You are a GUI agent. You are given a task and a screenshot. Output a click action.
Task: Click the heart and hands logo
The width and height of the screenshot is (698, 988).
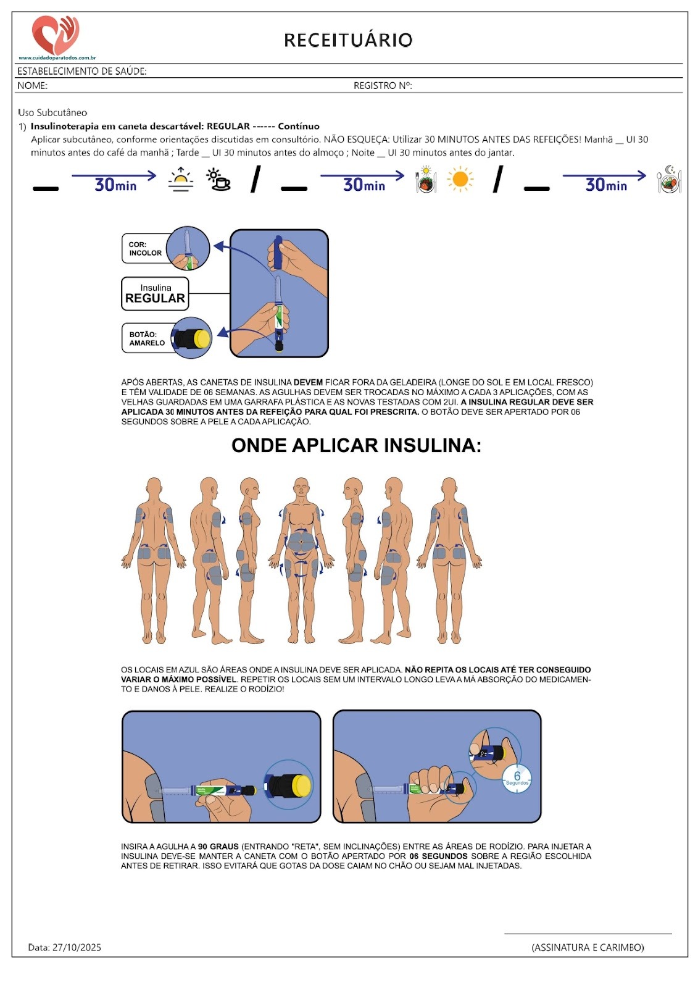56,35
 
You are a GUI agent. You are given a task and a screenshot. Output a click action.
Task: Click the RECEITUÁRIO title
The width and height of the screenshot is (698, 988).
348,40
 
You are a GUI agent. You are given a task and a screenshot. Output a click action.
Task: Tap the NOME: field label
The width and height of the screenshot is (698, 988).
32,86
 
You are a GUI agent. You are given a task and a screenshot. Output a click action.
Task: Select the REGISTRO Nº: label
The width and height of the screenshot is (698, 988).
383,86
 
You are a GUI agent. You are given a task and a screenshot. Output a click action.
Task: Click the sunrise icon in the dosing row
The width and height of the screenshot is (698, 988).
181,180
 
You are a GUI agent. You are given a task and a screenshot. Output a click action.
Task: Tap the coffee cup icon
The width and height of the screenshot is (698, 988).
218,180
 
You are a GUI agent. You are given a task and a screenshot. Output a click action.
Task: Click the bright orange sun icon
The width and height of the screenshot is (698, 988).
460,180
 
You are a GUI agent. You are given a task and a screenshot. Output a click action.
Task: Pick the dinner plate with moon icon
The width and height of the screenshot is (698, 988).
669,180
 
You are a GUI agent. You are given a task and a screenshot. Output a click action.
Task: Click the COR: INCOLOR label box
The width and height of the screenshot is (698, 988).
146,249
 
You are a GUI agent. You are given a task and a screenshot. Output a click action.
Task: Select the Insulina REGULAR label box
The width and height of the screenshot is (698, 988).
155,293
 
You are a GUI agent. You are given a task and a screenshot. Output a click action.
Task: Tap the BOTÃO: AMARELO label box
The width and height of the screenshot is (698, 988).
147,338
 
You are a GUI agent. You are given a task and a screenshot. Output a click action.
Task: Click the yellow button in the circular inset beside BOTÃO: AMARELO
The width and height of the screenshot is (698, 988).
202,338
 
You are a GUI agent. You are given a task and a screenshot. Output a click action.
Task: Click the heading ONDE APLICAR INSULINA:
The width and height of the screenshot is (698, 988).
356,445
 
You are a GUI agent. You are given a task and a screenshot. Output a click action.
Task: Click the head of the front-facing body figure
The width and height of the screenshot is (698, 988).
301,487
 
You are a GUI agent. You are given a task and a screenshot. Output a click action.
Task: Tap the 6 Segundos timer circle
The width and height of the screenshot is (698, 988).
517,778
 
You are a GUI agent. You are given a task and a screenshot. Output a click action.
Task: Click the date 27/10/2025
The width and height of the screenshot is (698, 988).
77,947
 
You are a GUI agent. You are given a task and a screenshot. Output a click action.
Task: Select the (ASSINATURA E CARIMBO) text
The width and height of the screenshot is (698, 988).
588,947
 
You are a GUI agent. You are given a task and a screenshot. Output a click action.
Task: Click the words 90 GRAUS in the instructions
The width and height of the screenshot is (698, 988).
218,847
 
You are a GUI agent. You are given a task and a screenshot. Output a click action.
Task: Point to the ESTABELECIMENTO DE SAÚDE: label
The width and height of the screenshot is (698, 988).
82,71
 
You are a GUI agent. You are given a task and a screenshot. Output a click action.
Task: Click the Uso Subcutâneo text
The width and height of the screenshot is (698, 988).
52,112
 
